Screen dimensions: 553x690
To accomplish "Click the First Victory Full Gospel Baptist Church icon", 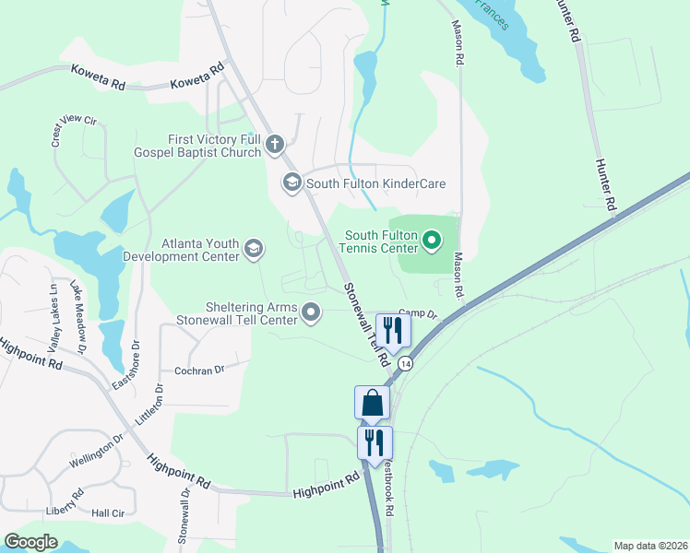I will (x=274, y=144).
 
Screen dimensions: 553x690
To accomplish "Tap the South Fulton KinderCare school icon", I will (x=292, y=183).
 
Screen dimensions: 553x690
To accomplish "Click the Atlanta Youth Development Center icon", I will (x=253, y=248).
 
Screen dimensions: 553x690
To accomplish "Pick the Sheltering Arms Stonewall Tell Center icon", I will (x=311, y=312).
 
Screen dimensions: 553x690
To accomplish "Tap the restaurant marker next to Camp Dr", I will (x=394, y=330).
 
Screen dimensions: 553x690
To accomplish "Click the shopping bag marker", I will (x=373, y=403).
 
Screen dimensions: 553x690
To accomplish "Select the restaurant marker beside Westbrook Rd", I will (x=375, y=442).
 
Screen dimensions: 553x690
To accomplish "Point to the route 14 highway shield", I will (x=405, y=364).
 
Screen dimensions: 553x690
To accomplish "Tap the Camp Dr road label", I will (x=417, y=314).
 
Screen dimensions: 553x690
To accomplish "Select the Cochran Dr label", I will (x=200, y=371).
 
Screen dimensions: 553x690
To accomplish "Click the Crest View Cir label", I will (x=74, y=131).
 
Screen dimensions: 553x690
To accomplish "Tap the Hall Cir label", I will (x=107, y=513).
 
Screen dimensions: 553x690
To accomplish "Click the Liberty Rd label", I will (x=64, y=510).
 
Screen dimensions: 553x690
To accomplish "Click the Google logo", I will (x=30, y=542).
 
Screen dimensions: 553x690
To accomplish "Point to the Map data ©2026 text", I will (x=650, y=546).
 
